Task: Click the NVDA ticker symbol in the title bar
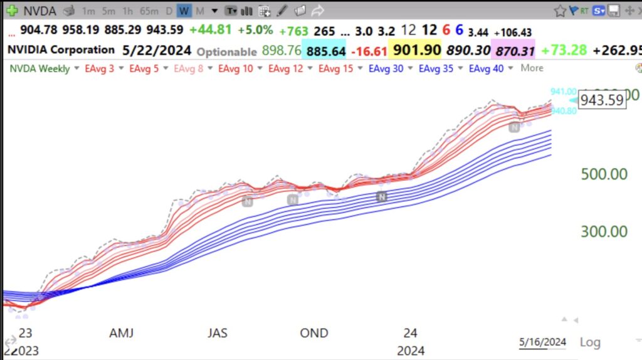(x=39, y=11)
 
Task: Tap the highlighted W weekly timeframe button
(x=184, y=11)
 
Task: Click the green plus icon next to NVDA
(x=11, y=11)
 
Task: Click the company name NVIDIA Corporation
(x=61, y=50)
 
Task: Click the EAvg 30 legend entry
(x=386, y=68)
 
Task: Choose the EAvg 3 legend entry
(x=99, y=68)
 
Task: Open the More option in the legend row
(x=532, y=68)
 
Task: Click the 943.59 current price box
(x=602, y=100)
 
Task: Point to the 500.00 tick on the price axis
(x=604, y=173)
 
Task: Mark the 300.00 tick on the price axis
(x=604, y=231)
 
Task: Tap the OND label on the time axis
(x=313, y=332)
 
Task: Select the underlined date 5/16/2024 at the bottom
(x=542, y=342)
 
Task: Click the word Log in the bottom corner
(x=589, y=342)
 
